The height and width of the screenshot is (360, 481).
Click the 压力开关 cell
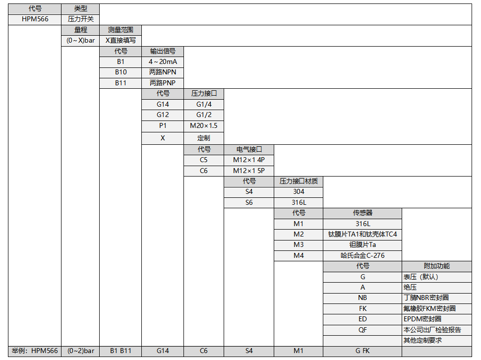(80, 19)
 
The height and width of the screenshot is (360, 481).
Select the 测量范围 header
(120, 30)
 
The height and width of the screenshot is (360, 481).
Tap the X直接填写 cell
(120, 40)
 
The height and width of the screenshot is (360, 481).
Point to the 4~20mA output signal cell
(163, 61)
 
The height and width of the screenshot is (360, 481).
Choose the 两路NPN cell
(163, 72)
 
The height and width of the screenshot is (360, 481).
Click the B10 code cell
(120, 72)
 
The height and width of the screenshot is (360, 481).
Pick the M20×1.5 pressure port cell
(203, 125)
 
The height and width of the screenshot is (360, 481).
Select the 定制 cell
(203, 138)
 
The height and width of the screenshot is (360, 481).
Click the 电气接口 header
(249, 149)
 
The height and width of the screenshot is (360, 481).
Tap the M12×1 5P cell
(249, 171)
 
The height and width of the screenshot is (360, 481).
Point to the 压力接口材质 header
(299, 181)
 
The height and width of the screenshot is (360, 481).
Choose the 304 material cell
(299, 191)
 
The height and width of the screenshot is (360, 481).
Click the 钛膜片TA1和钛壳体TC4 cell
(362, 234)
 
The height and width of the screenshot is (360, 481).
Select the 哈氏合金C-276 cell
(362, 255)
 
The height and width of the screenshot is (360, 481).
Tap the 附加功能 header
(436, 266)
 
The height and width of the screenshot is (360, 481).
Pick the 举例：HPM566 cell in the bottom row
(35, 351)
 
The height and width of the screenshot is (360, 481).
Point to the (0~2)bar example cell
(80, 351)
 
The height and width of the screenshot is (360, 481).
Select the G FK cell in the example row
(362, 351)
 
